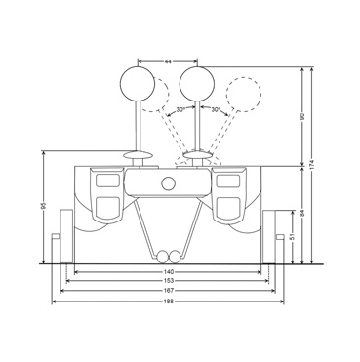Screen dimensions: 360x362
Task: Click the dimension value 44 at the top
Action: (x=168, y=61)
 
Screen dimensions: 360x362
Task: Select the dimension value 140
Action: (x=168, y=272)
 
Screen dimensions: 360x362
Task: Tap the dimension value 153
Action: (x=168, y=281)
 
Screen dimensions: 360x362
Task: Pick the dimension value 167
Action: (x=168, y=290)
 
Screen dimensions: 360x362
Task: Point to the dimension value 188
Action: (x=168, y=302)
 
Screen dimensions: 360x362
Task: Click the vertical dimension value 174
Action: (x=312, y=165)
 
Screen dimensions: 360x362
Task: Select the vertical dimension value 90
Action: (x=302, y=116)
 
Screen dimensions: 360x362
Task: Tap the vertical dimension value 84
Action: (x=302, y=214)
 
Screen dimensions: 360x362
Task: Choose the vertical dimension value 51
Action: (x=293, y=236)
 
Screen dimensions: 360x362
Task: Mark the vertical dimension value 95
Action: (x=44, y=206)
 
